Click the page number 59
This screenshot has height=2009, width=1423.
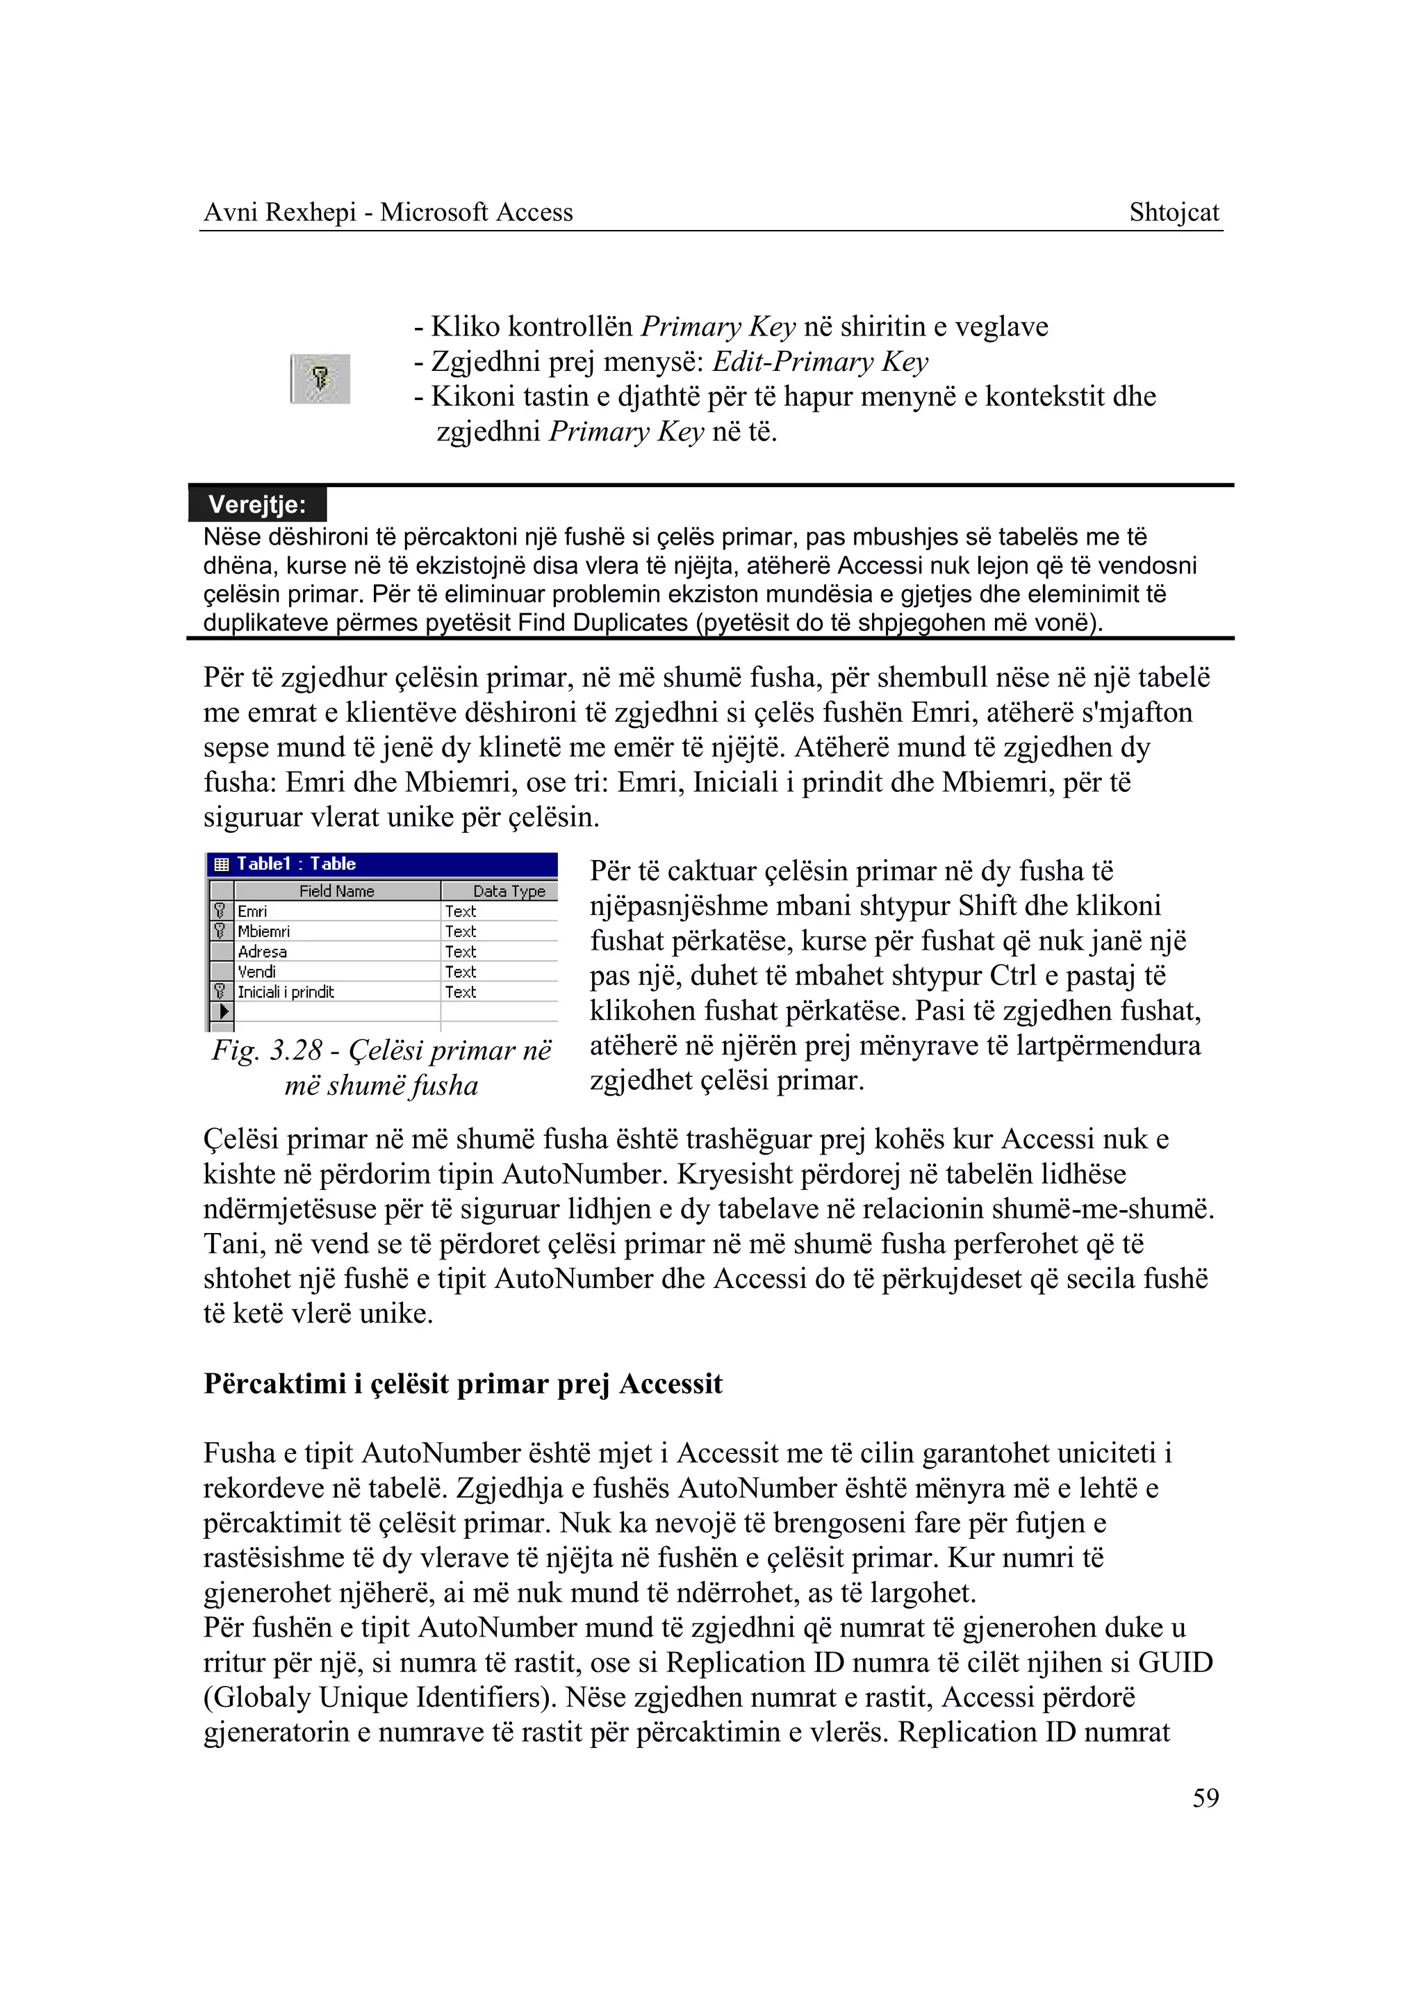[x=1205, y=1798]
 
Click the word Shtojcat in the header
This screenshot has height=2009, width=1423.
[x=1174, y=212]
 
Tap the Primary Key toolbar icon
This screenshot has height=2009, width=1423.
[x=321, y=379]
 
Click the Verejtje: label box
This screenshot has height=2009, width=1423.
[x=258, y=504]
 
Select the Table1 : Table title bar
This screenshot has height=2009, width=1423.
[x=382, y=864]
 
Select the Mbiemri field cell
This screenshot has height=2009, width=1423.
[x=264, y=932]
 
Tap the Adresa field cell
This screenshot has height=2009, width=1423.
[x=262, y=952]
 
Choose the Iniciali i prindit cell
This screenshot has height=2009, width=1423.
[x=286, y=992]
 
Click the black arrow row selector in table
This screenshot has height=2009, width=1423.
[x=222, y=1012]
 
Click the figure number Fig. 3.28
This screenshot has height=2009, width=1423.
[x=265, y=1050]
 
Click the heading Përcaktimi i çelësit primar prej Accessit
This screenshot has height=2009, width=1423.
[x=463, y=1384]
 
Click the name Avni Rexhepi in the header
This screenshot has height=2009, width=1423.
[x=279, y=212]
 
